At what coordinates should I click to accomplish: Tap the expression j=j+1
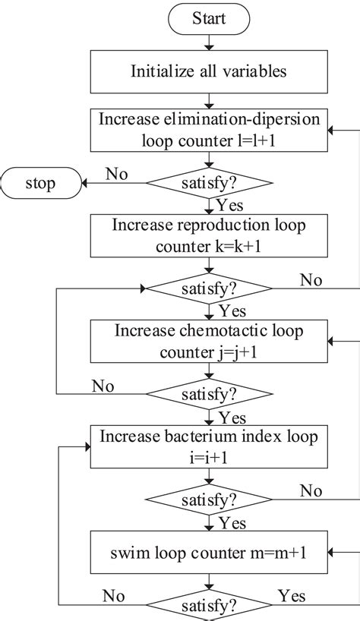pos(240,351)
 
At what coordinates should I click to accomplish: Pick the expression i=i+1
pos(209,459)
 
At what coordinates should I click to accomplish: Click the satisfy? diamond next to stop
pos(209,183)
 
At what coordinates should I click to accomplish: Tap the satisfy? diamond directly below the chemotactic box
pos(209,394)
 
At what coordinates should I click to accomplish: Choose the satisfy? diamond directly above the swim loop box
pos(209,500)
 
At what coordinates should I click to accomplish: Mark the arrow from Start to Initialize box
pos(209,43)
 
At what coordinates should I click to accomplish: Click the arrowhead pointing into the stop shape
pos(85,183)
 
